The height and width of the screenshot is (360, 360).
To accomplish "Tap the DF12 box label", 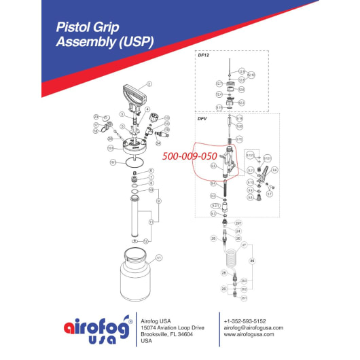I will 203,56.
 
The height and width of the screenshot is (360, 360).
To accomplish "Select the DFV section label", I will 202,118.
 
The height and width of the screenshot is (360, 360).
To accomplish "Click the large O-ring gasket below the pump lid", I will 138,162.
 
